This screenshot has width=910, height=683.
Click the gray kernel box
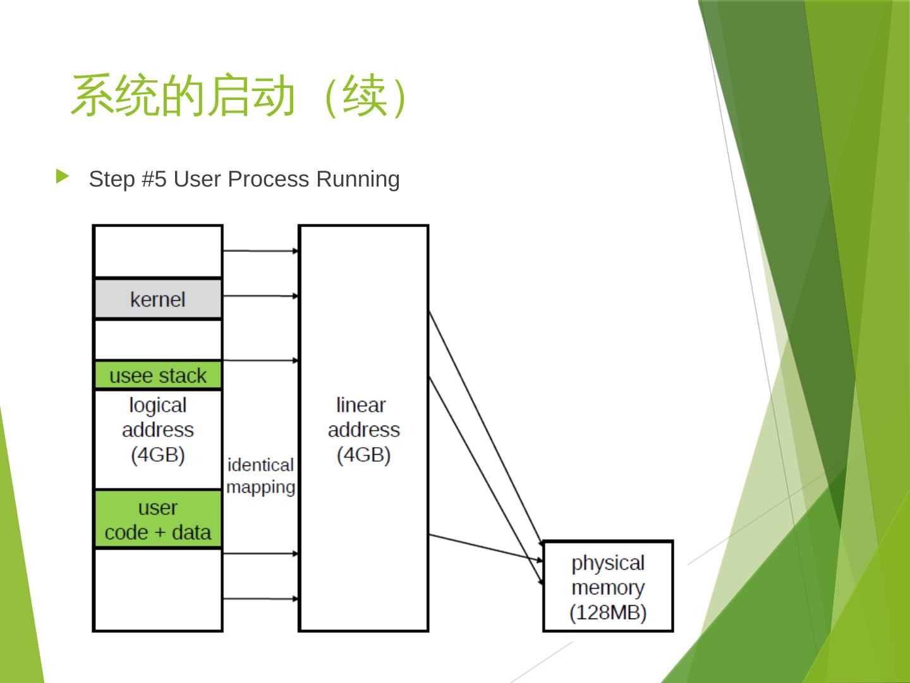158,299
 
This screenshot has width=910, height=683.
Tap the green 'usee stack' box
158,376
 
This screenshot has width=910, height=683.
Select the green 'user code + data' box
158,520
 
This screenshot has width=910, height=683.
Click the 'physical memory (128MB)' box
608,587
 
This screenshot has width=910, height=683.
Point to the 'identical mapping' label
260,476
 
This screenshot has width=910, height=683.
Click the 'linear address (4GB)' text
363,430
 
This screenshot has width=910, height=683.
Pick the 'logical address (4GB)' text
158,430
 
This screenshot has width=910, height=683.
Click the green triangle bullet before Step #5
62,176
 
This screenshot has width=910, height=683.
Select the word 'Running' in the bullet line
358,180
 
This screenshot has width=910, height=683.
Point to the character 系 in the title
93,96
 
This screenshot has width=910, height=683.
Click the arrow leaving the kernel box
260,295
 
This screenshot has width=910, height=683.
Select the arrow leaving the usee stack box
260,360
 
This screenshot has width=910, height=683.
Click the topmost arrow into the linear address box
260,251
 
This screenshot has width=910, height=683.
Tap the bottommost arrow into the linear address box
260,598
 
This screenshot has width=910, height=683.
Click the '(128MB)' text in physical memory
608,613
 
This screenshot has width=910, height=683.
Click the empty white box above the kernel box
158,251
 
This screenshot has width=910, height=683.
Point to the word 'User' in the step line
197,180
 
